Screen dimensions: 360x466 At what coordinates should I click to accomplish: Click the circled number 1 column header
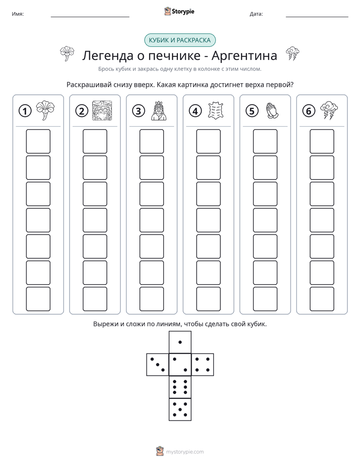25,111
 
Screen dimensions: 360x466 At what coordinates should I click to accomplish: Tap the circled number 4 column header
195,111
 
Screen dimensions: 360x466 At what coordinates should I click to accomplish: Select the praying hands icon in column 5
272,111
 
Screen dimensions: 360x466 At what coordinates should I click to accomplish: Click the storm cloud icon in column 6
329,110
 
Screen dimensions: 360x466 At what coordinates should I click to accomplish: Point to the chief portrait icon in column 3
159,111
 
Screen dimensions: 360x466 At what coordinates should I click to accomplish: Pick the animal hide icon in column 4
216,110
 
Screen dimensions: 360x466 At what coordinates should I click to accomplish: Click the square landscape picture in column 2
102,110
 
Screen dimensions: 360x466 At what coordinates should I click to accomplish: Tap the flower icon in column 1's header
45,110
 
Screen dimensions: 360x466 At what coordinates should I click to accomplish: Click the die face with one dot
180,342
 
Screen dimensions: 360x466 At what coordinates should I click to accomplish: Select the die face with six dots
180,387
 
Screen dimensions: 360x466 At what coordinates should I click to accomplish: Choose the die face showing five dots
180,409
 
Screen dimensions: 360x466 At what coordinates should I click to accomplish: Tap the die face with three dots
158,364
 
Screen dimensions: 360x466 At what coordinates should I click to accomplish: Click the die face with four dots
203,364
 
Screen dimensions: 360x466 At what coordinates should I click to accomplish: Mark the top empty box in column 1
38,141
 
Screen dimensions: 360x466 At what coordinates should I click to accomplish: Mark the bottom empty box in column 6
322,299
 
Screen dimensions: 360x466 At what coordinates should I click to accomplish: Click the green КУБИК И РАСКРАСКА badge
179,40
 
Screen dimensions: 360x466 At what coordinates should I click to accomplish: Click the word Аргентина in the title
244,55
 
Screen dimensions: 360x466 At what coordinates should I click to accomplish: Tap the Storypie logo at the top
179,12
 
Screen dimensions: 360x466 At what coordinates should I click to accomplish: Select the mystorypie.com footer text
185,452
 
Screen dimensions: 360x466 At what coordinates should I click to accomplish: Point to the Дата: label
256,14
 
